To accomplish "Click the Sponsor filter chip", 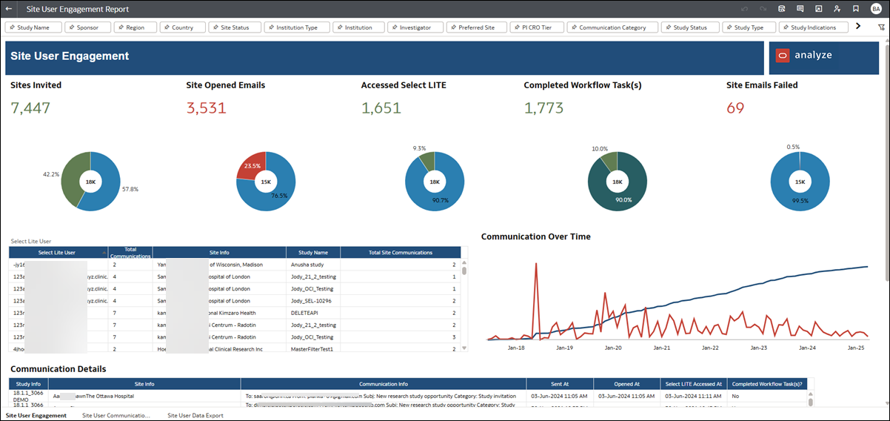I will click(x=89, y=27).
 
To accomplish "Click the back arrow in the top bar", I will click(x=8, y=9).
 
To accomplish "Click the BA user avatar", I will click(x=875, y=9).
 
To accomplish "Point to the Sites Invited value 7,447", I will click(x=30, y=108).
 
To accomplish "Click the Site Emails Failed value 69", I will click(x=735, y=108).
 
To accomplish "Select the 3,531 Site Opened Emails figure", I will click(x=206, y=108).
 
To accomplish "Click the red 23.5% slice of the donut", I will click(x=250, y=168).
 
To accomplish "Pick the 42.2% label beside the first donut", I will click(x=51, y=175).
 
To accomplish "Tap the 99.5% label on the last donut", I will click(x=800, y=201).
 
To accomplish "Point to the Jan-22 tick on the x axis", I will click(x=710, y=347).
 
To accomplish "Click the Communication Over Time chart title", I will click(x=535, y=236).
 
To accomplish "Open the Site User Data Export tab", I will click(x=195, y=416).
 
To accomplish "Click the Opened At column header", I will click(x=626, y=384).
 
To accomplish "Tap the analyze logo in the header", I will click(x=804, y=56).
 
